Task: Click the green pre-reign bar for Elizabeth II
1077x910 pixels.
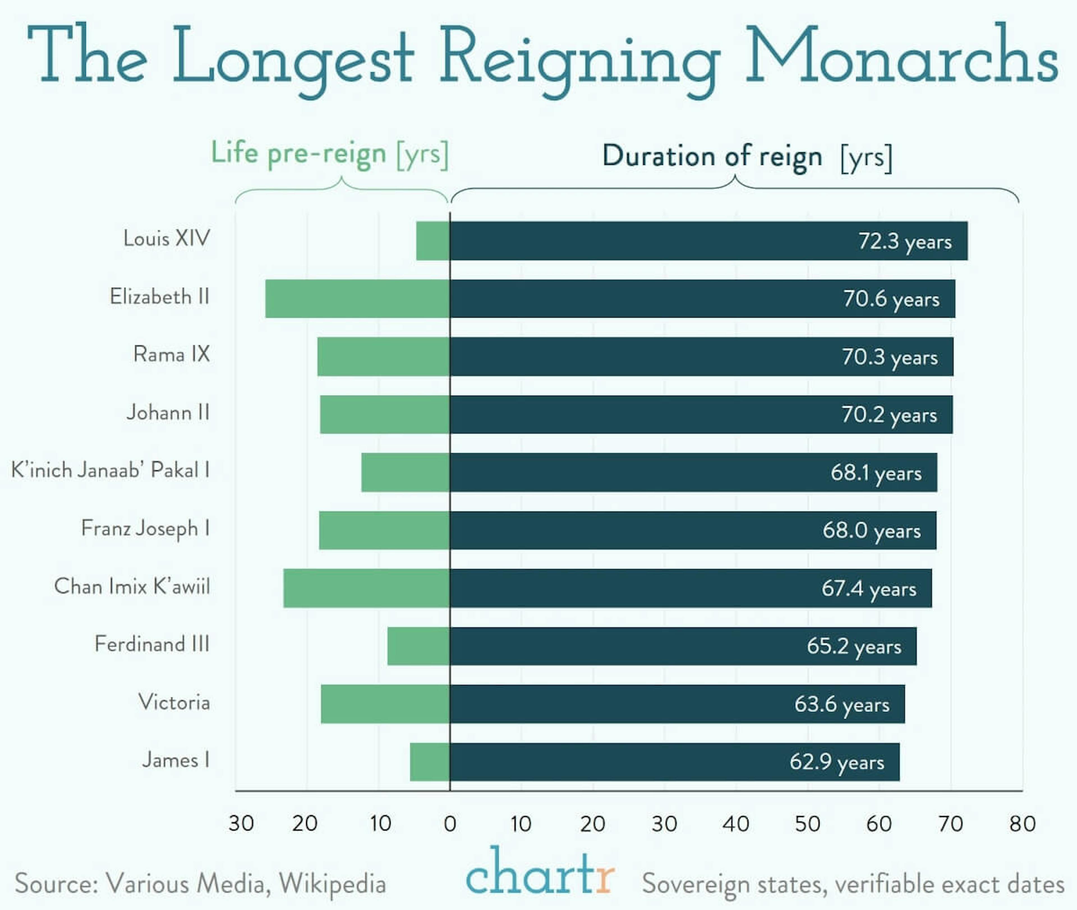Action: point(357,299)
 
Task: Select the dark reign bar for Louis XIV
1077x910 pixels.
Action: point(645,241)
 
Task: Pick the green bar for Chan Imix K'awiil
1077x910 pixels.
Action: point(366,588)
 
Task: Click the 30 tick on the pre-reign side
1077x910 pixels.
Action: point(241,824)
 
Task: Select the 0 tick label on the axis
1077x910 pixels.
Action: point(450,824)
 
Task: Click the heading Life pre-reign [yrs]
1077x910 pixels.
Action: point(329,153)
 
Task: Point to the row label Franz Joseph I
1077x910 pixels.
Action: point(145,528)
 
